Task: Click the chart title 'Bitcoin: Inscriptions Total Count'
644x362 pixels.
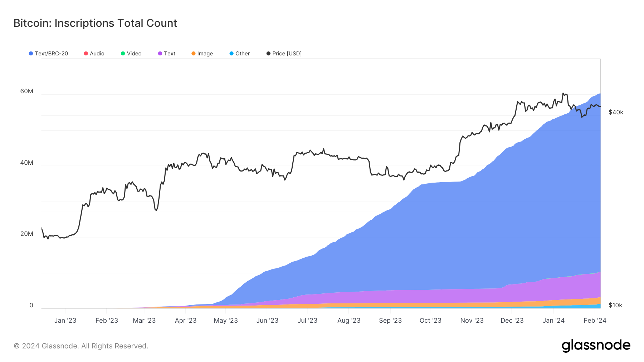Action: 95,23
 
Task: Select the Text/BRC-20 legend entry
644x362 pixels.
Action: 48,54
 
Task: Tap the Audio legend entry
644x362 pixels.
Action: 94,54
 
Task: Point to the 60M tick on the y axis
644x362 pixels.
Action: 27,91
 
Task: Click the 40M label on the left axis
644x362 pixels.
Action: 27,163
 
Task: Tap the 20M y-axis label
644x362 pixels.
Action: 27,234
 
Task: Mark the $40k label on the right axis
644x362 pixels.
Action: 616,112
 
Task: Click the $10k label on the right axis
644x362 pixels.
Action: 615,305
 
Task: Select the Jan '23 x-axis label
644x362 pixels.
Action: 65,321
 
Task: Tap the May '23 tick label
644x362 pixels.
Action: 226,321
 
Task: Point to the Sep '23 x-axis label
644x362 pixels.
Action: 390,321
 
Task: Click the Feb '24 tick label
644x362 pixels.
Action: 595,321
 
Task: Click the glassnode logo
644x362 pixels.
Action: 596,346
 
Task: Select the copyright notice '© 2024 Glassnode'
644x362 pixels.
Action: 81,346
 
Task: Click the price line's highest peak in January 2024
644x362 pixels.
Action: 563,93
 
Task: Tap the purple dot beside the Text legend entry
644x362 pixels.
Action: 160,54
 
